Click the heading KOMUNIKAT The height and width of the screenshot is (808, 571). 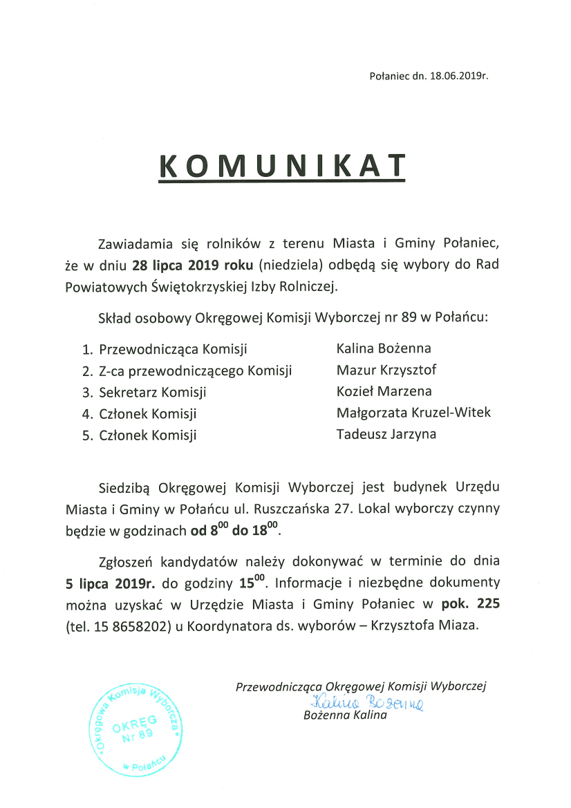click(x=282, y=166)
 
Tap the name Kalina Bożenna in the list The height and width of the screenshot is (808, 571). click(x=384, y=348)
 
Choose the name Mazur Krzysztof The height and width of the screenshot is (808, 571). click(x=386, y=370)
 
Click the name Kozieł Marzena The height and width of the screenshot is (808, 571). click(x=384, y=391)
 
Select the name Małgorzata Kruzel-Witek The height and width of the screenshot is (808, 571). click(x=413, y=413)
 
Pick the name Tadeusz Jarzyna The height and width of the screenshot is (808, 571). click(x=386, y=434)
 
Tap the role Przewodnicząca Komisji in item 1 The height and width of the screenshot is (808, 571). click(x=173, y=348)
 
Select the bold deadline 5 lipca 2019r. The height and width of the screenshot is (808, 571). click(x=110, y=583)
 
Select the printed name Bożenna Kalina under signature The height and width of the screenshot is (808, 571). click(x=345, y=715)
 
